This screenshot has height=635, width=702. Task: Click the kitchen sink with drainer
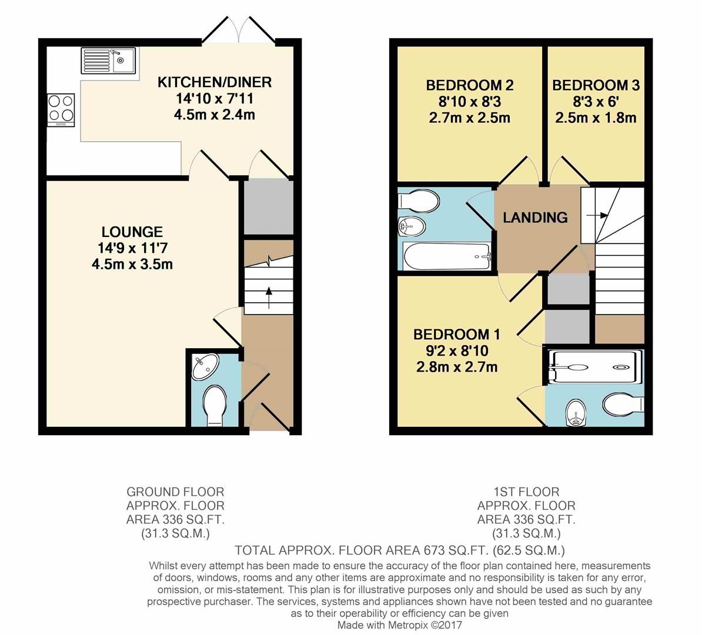(108, 61)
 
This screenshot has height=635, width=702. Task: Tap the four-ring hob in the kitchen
(61, 110)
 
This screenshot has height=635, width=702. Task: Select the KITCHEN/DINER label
(215, 82)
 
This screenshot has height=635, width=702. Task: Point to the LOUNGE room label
(132, 232)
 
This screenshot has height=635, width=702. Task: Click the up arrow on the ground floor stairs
(269, 298)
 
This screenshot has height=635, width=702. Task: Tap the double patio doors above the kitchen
(239, 29)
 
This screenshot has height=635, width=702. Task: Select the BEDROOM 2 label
(470, 85)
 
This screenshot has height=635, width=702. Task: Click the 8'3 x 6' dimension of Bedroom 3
(596, 102)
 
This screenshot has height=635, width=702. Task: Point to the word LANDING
(535, 218)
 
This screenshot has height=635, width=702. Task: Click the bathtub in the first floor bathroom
(447, 256)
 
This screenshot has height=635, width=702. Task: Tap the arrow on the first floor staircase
(598, 215)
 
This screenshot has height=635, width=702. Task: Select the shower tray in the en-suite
(594, 367)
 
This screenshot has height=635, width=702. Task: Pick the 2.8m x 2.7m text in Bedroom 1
(457, 367)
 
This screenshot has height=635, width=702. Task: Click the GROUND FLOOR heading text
(175, 492)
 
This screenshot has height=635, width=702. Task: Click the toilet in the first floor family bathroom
(419, 200)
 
